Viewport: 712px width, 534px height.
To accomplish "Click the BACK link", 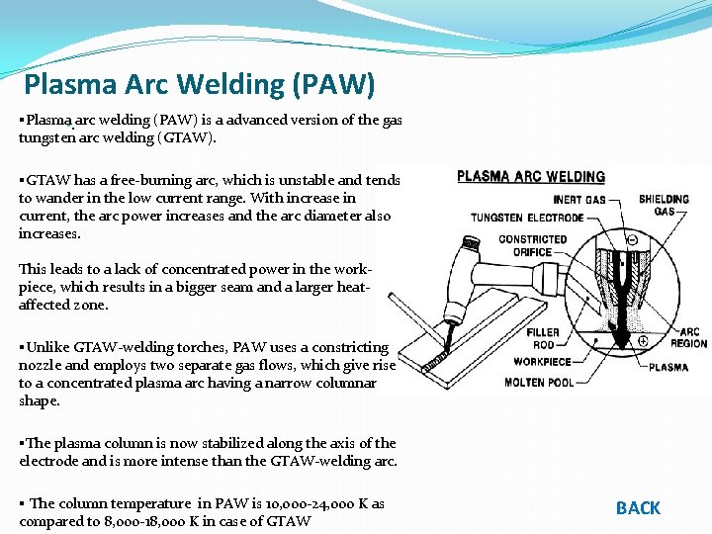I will pos(638,508).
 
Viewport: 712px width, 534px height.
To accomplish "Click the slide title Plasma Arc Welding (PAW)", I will pos(200,85).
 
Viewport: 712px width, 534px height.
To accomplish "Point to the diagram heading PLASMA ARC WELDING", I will pos(531,177).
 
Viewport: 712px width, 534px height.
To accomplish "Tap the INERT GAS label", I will pos(579,201).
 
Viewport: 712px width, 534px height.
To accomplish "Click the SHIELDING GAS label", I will pos(664,205).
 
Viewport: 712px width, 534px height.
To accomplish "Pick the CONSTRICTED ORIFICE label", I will pos(532,245).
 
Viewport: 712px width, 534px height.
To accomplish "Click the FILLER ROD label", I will pos(543,338).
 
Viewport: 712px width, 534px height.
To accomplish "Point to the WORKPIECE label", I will pos(543,361).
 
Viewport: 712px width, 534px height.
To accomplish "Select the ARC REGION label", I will pos(689,338).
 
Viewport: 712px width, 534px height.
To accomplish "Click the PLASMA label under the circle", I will pos(668,368).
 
